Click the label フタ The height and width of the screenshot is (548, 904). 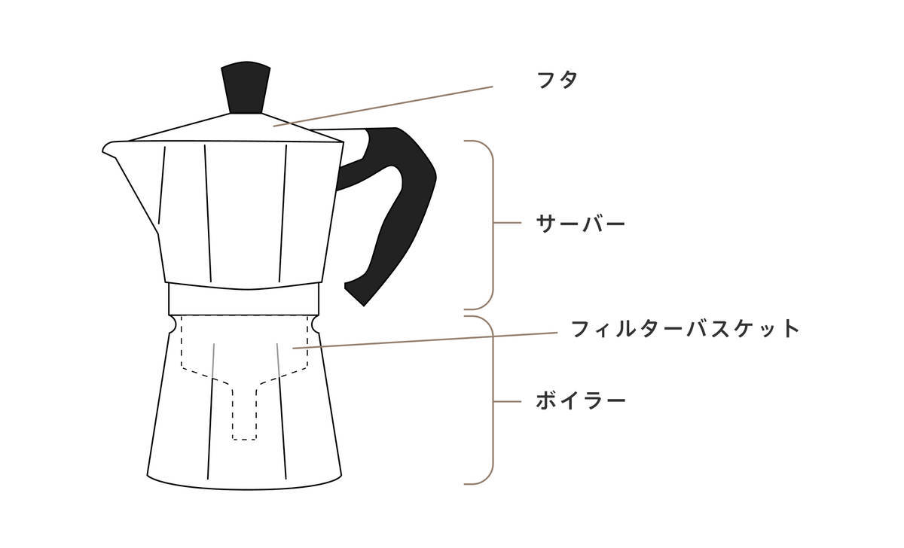click(558, 79)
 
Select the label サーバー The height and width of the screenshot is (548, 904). click(580, 224)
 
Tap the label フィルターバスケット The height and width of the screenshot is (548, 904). click(684, 329)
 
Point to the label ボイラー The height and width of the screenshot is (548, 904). click(580, 400)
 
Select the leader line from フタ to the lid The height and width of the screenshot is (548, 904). click(384, 106)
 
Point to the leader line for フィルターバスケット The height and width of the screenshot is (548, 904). click(429, 339)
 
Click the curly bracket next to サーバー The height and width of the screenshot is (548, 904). click(490, 224)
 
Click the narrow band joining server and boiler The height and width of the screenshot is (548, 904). click(244, 299)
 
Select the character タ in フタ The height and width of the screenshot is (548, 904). click(570, 79)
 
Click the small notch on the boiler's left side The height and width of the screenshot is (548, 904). click(173, 324)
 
